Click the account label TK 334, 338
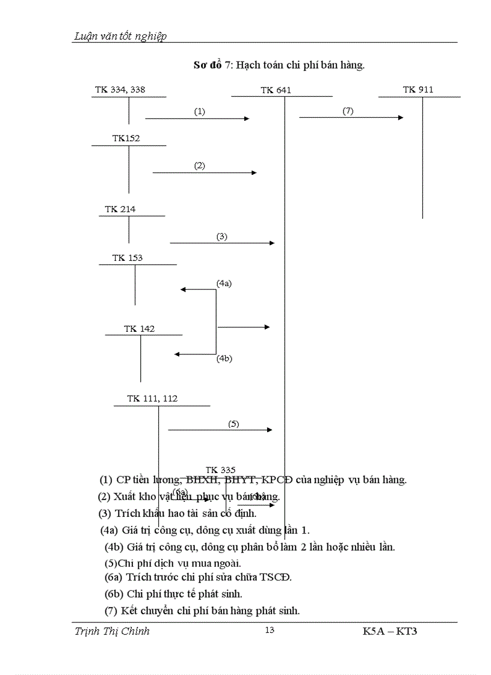coord(120,90)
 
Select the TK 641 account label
coord(276,90)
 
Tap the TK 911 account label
coord(418,90)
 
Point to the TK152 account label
coord(126,138)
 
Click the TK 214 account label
coord(120,209)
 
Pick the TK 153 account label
coord(127,258)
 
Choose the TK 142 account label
coord(139,329)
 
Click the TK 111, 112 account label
coord(152,399)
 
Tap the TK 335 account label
coord(220,470)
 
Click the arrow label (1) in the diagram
coord(200,111)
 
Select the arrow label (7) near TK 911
coord(348,111)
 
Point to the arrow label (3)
coord(222,236)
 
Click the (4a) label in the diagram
coord(224,283)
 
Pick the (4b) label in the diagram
coord(224,359)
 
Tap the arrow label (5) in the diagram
coord(233,423)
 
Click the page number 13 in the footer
coord(270,630)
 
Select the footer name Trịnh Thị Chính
coord(112,631)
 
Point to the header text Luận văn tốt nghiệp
coord(120,36)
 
